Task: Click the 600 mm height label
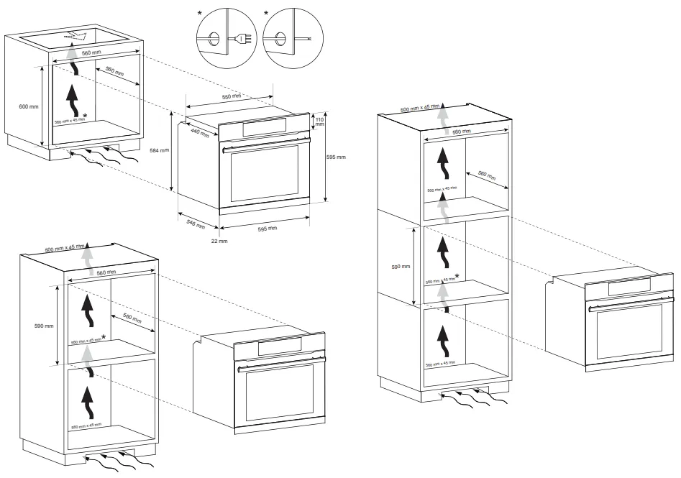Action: [29, 107]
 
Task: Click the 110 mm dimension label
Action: [320, 121]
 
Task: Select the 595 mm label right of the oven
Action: [336, 157]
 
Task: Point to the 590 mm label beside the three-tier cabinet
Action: [401, 267]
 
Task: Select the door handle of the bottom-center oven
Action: [280, 363]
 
